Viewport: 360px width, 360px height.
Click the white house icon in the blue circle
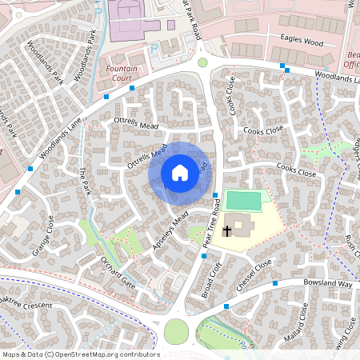pyautogui.click(x=179, y=172)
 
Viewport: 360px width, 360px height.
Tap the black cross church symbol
pyautogui.click(x=227, y=231)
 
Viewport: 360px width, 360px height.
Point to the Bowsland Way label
pyautogui.click(x=328, y=284)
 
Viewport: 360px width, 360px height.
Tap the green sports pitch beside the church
pyautogui.click(x=243, y=199)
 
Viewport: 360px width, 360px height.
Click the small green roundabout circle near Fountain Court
pyautogui.click(x=202, y=62)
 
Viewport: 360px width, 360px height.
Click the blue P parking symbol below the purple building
pyautogui.click(x=154, y=48)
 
